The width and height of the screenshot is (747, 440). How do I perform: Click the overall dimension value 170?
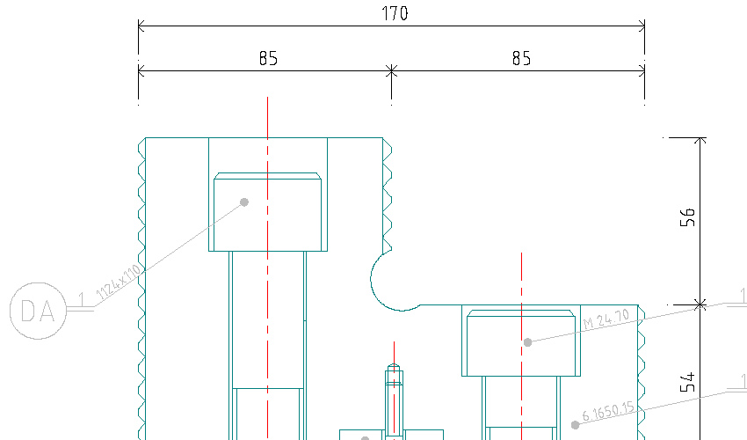395,13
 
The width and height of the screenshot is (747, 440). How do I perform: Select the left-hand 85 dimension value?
268,58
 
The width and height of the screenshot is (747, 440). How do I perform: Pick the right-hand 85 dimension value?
521,58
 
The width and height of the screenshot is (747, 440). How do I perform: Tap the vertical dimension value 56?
688,218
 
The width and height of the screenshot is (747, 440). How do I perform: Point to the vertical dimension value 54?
688,382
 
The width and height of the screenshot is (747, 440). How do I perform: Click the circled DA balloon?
38,311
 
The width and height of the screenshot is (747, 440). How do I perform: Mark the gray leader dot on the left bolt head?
244,202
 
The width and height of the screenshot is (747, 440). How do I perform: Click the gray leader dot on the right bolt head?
527,341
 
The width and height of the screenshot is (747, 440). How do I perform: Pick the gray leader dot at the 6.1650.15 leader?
576,423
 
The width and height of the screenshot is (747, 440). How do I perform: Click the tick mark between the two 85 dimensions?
391,70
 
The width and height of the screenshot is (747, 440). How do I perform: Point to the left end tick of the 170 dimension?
139,26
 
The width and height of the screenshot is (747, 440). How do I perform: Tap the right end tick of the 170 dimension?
645,26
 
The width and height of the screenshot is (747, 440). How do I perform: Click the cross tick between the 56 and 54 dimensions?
700,304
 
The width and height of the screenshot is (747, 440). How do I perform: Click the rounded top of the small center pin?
394,370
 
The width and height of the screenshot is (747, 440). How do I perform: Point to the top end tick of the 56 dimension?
700,138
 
